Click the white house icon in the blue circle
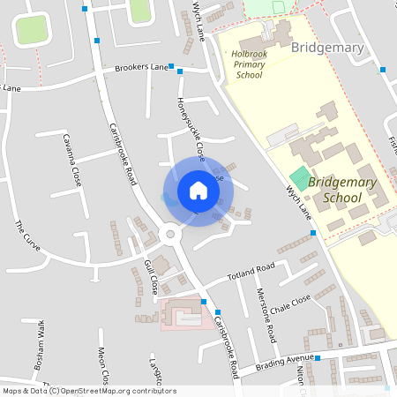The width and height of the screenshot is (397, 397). (198, 191)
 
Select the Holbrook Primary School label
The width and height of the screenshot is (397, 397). (249, 64)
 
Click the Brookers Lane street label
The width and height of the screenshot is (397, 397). (140, 68)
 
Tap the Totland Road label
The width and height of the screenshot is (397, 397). (251, 269)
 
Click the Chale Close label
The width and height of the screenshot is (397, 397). (290, 305)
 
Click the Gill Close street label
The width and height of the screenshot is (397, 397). (150, 277)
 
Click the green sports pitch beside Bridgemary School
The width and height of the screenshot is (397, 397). (301, 176)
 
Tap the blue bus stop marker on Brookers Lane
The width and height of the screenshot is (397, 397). (179, 71)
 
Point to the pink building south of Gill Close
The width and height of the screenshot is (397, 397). (181, 313)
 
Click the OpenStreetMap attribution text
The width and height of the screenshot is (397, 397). (88, 390)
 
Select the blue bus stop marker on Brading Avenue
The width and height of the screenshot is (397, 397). (318, 359)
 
